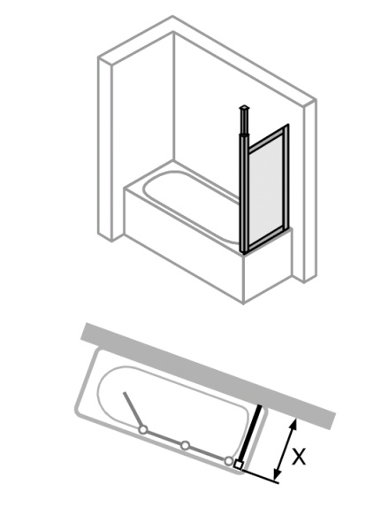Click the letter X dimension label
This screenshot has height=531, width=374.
[x=299, y=456]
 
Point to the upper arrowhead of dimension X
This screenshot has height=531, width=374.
[x=294, y=424]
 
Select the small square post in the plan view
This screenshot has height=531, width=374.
[x=238, y=465]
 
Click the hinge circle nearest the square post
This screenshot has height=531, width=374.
[x=229, y=460]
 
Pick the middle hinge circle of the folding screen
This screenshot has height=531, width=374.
[x=185, y=445]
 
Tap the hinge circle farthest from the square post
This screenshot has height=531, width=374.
[x=143, y=430]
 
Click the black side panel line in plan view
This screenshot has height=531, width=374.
[x=250, y=435]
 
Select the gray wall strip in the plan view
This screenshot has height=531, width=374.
[x=209, y=374]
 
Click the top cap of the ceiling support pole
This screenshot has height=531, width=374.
[x=243, y=108]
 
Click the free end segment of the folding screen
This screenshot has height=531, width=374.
[x=133, y=411]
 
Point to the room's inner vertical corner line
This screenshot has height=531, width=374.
[x=173, y=96]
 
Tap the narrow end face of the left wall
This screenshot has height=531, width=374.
[x=105, y=149]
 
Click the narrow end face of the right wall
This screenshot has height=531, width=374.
[x=310, y=190]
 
